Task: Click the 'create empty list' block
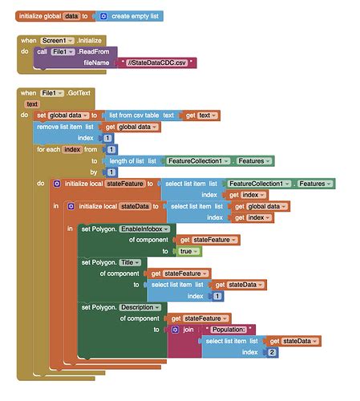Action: click(133, 16)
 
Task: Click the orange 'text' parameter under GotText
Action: click(32, 104)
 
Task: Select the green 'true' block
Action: click(188, 251)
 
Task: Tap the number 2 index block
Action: click(272, 351)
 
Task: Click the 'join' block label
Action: click(188, 329)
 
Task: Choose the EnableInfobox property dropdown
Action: click(144, 229)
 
